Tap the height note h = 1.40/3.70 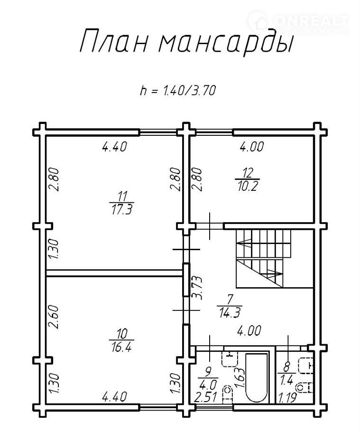(x=178, y=90)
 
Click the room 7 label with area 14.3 (x=230, y=306)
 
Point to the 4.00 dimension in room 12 (x=251, y=147)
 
